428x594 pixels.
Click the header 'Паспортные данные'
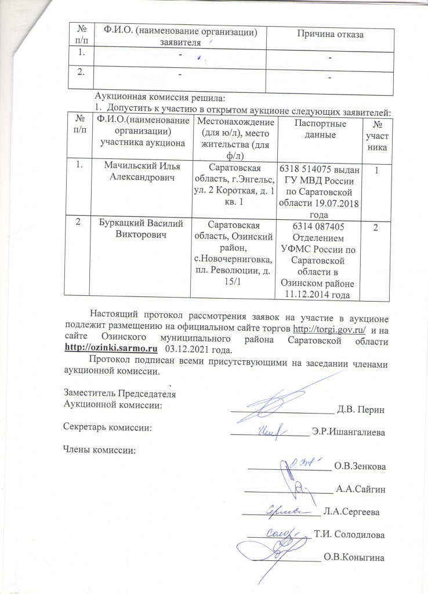[320, 130]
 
